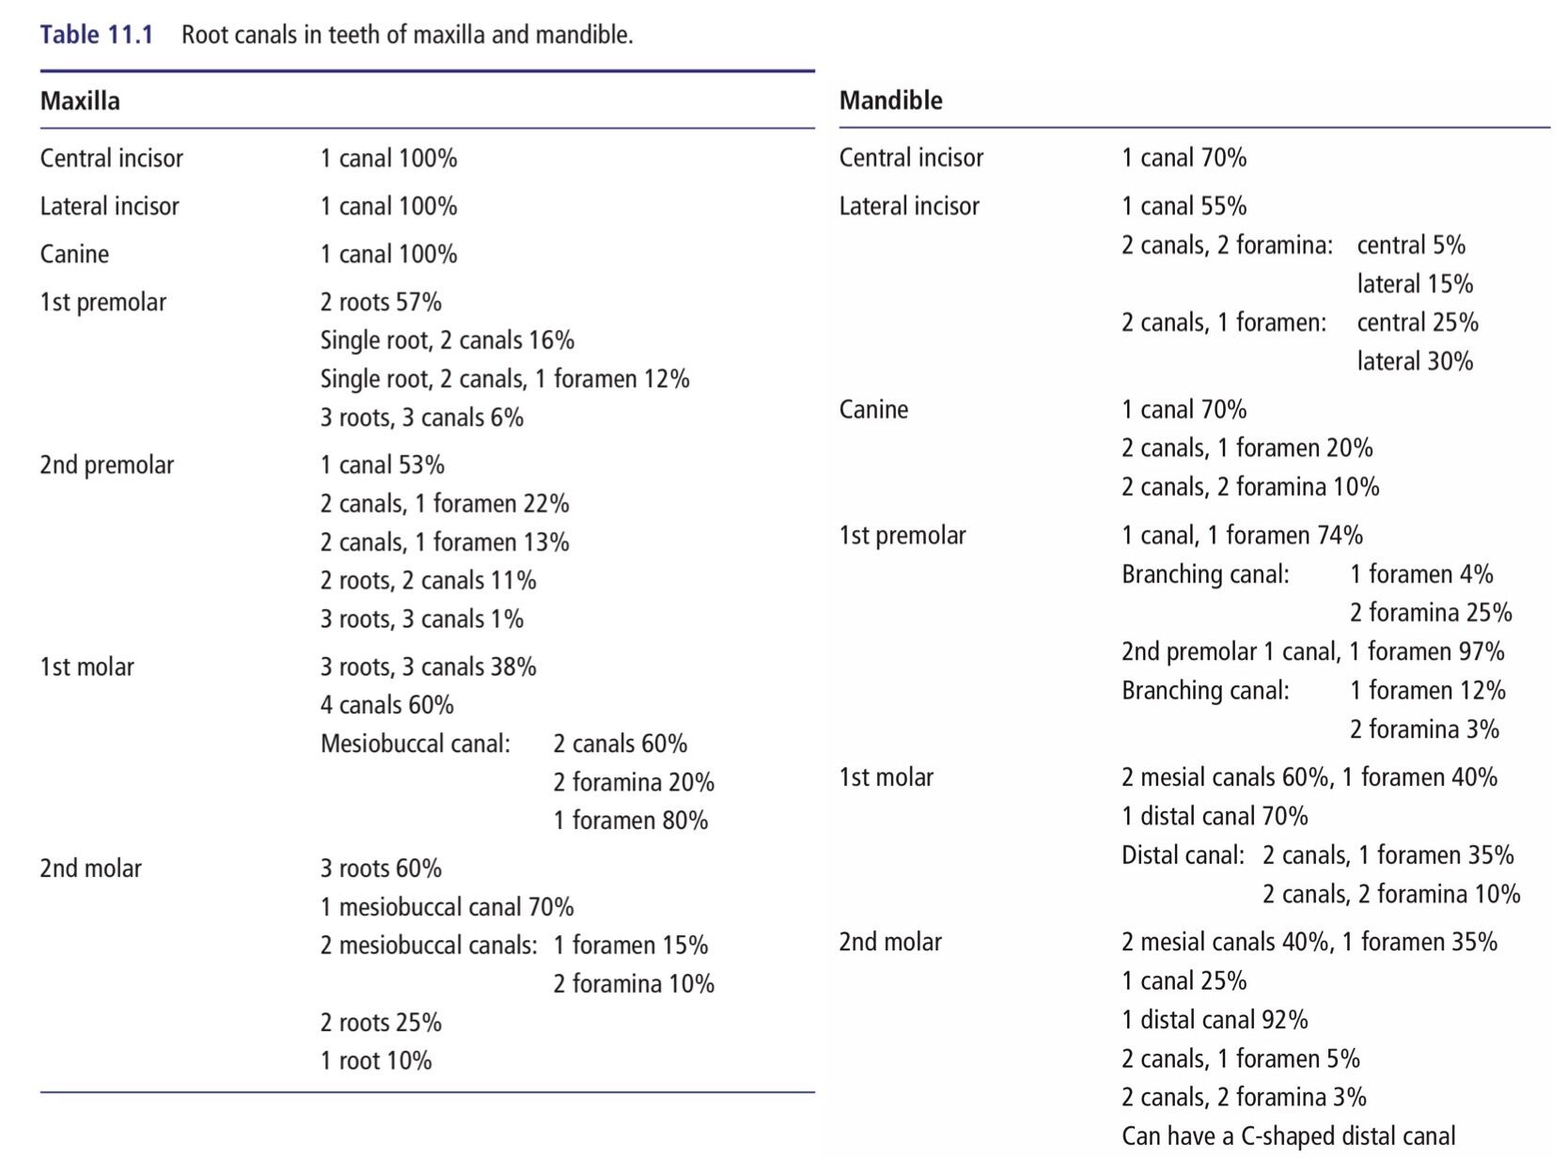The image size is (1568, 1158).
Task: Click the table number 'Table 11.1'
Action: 96,34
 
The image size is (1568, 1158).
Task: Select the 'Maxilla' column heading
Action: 80,102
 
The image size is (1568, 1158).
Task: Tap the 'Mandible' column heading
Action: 891,101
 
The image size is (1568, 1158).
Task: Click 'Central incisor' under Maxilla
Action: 111,158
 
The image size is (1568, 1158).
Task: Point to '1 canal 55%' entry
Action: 1184,206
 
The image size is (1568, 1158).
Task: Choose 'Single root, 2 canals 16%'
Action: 447,340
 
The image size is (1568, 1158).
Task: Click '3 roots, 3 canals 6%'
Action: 421,417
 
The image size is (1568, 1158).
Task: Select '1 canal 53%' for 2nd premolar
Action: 382,464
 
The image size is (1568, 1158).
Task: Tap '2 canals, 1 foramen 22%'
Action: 444,504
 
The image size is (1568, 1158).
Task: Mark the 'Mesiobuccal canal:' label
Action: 415,743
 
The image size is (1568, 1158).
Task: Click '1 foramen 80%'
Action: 631,820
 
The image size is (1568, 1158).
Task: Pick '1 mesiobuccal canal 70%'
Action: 447,906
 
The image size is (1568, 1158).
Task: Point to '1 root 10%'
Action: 375,1060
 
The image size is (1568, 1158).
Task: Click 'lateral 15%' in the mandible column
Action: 1415,284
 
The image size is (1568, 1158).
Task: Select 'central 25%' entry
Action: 1418,322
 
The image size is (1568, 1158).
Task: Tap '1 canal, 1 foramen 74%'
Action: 1242,535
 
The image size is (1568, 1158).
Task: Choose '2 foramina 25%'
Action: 1431,612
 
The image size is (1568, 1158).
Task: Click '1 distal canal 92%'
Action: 1215,1020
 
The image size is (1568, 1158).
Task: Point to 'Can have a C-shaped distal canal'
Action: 1288,1135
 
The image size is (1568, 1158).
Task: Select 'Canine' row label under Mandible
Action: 873,409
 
